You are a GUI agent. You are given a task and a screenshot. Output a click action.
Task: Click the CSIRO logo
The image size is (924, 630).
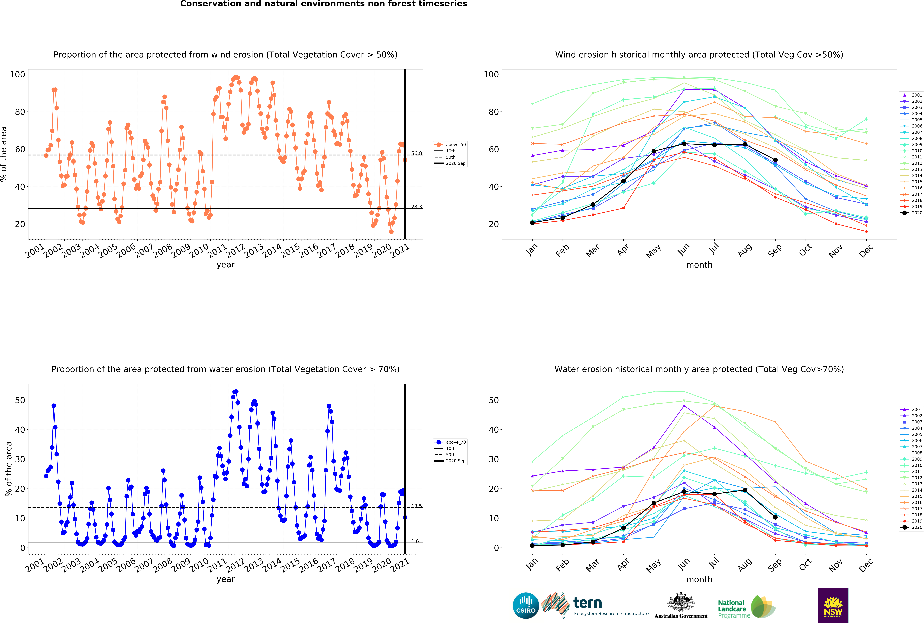coord(526,606)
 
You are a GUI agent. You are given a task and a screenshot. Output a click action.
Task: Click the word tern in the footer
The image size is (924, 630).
coord(588,603)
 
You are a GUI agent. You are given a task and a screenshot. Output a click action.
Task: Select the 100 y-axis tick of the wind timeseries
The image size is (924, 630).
coord(17,74)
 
